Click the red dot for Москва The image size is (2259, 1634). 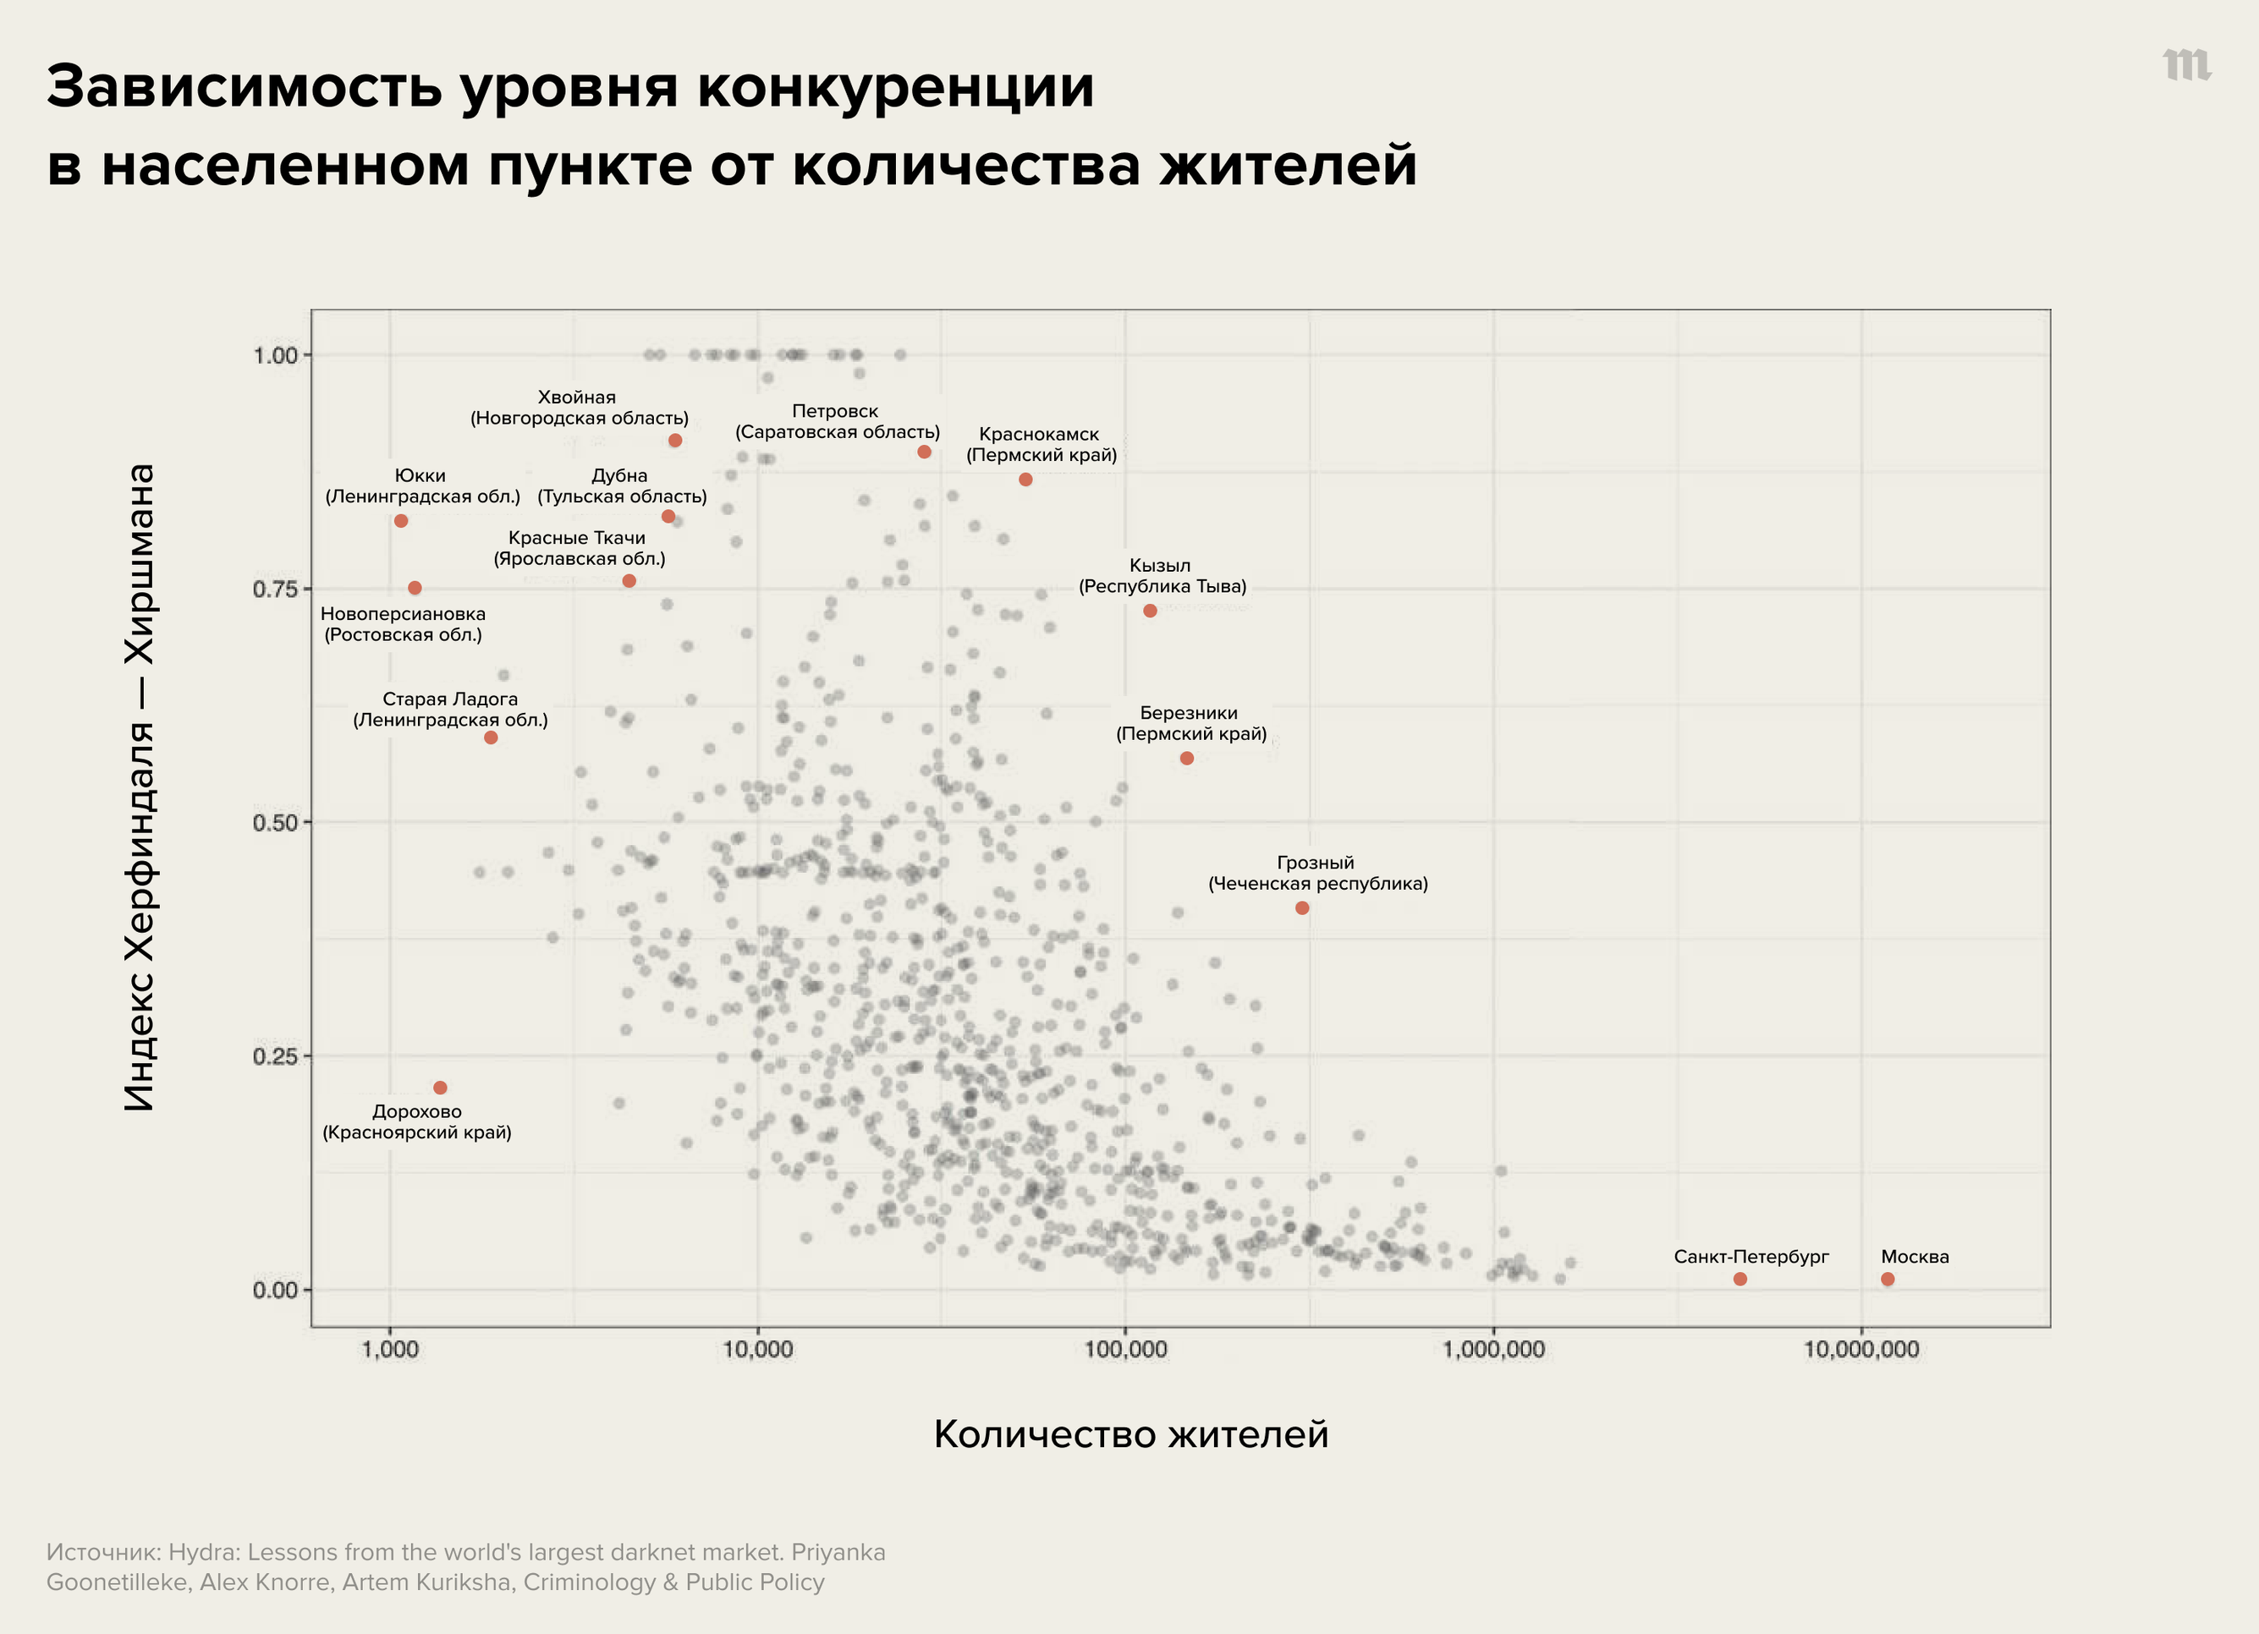(1888, 1280)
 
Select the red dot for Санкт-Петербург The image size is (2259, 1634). (1740, 1280)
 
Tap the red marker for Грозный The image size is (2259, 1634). (1302, 908)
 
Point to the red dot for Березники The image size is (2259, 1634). (1187, 759)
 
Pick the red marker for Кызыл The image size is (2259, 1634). (1151, 611)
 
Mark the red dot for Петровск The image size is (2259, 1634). (924, 452)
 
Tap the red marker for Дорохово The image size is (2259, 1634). (440, 1088)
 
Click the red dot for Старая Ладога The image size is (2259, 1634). (491, 737)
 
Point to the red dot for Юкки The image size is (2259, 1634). (401, 521)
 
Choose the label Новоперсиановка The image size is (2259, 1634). (404, 614)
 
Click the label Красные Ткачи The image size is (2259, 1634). (577, 539)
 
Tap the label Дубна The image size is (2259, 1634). (619, 476)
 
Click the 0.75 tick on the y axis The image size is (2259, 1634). (275, 589)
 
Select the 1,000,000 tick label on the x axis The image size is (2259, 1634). (1493, 1350)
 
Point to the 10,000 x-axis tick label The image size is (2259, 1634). (758, 1350)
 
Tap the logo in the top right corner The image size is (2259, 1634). (2187, 65)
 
